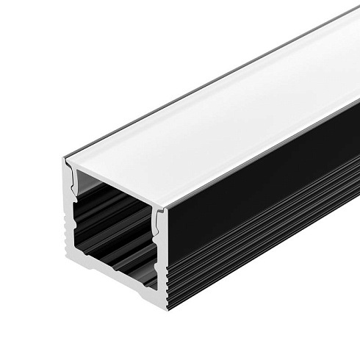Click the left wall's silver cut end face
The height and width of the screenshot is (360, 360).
[68, 220]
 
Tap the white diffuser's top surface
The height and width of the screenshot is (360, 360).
[220, 110]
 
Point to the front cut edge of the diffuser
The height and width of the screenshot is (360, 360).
[118, 179]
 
